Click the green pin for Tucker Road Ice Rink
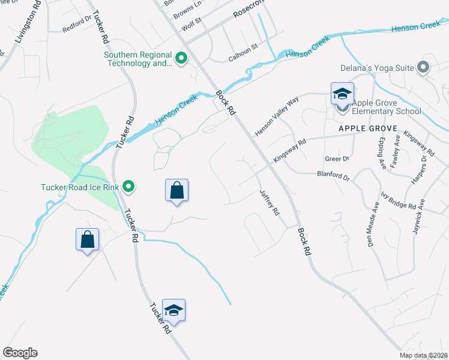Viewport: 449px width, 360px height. (x=128, y=187)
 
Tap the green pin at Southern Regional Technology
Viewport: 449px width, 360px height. (x=181, y=59)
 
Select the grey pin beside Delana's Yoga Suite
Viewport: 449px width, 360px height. (x=423, y=67)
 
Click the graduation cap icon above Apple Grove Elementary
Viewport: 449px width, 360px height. (x=342, y=94)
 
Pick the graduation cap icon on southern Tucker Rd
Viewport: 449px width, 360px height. (x=173, y=310)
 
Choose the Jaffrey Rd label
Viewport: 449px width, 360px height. (x=270, y=203)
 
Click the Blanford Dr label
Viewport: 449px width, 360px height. (x=333, y=176)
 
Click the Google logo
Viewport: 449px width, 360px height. (x=20, y=353)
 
